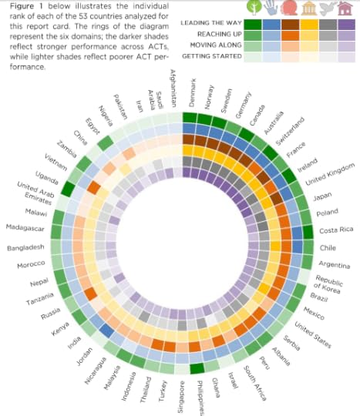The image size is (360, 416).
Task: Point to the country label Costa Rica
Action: point(336,230)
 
